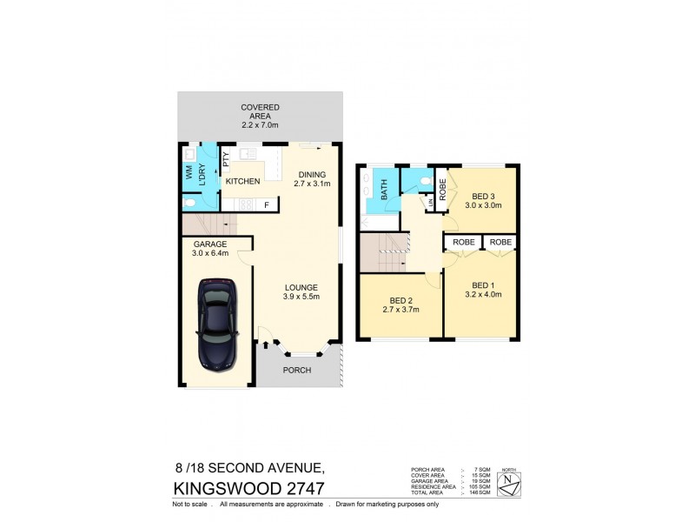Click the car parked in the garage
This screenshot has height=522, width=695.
[216, 321]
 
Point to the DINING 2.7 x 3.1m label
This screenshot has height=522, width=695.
[312, 178]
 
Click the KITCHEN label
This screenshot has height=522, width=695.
[243, 181]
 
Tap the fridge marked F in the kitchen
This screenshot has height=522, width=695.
[266, 204]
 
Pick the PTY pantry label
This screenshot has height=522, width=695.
[225, 159]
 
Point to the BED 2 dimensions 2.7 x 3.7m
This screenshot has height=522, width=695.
[401, 309]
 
